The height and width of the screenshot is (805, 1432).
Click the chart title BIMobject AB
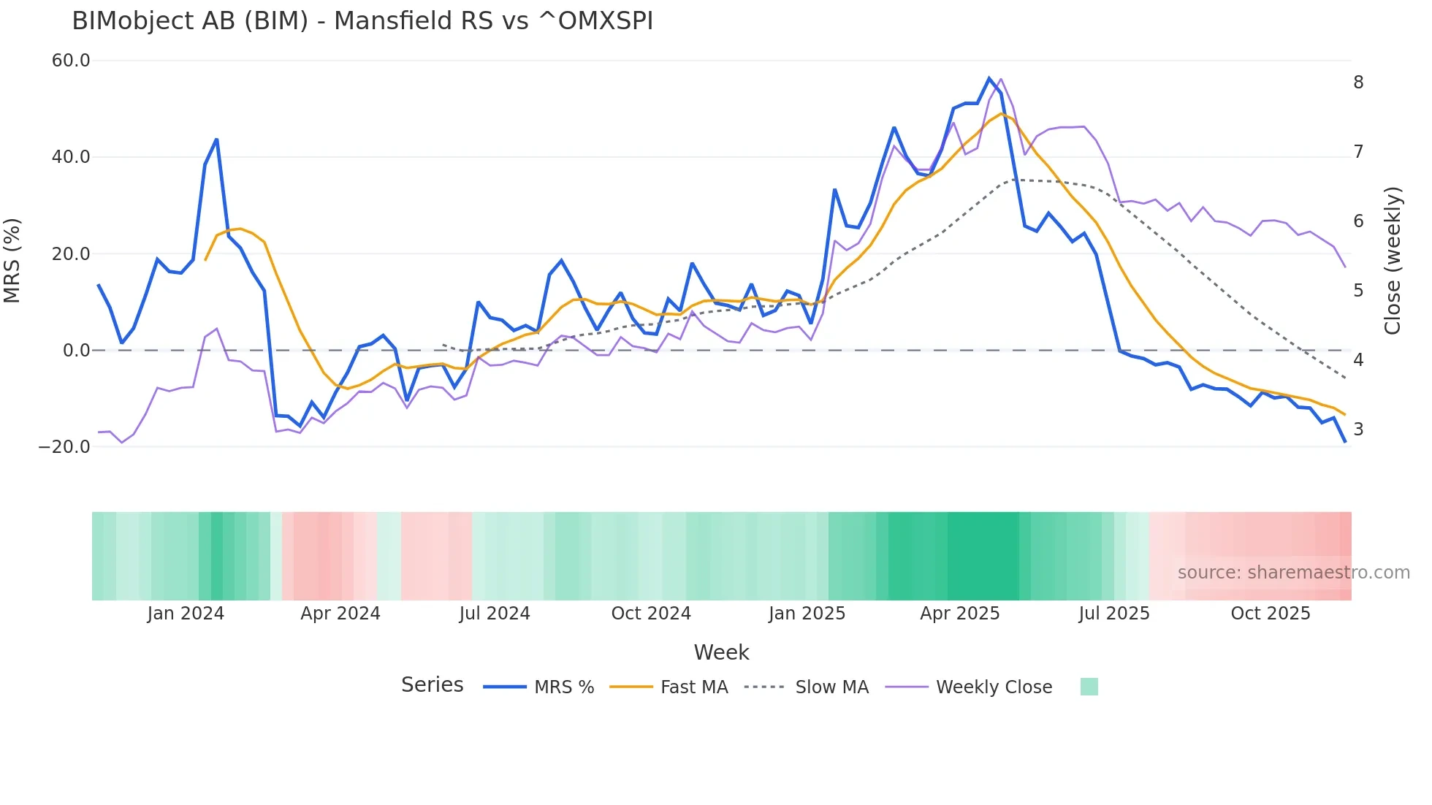[362, 21]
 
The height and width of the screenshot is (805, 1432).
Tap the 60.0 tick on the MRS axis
[71, 61]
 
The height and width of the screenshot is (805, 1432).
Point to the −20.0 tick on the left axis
[64, 446]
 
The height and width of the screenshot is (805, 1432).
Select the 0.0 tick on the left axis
[76, 350]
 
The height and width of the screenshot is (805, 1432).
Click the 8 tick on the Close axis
[1358, 83]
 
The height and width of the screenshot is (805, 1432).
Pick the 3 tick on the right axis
[1358, 430]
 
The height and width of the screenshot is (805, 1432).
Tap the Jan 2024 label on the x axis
[186, 614]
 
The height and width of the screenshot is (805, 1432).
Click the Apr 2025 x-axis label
[959, 614]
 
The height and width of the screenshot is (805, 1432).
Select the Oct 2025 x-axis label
[1271, 614]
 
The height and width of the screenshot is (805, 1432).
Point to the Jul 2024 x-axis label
[495, 614]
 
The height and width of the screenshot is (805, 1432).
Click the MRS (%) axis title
[12, 260]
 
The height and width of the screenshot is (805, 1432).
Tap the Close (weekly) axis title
[1393, 260]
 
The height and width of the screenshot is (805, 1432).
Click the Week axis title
[721, 652]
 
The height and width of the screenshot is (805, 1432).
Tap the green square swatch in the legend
[1089, 687]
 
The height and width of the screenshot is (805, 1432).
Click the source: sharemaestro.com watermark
[1293, 573]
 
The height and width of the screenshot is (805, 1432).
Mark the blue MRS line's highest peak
[989, 78]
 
